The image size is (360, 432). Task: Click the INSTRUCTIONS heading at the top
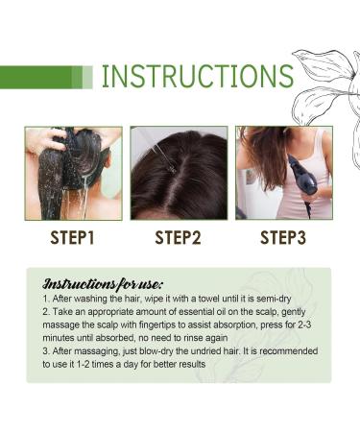(197, 76)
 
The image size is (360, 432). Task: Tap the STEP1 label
(73, 237)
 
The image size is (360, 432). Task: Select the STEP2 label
(179, 237)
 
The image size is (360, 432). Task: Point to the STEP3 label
(283, 237)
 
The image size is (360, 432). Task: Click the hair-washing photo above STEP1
(74, 173)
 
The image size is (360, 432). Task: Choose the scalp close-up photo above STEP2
(179, 173)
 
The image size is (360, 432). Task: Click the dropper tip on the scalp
(172, 167)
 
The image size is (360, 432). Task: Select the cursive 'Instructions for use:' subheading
(104, 285)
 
